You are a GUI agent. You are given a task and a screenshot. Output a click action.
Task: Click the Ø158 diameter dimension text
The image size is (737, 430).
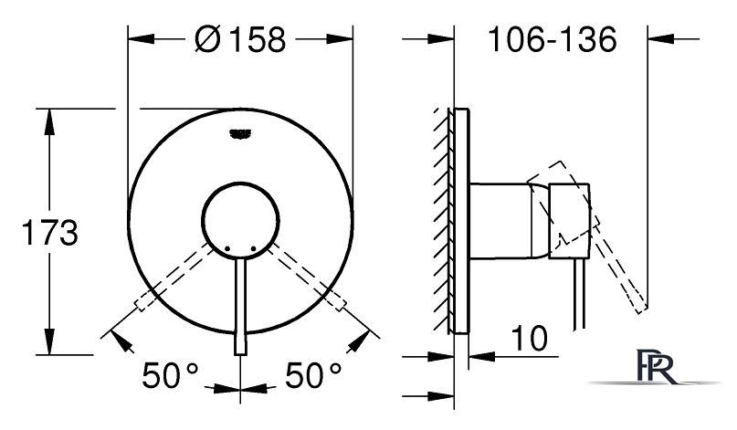click(x=240, y=39)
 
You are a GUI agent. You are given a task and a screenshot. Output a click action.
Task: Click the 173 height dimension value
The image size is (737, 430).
click(x=50, y=232)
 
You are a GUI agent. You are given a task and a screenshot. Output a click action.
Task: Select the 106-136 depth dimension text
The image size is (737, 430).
click(x=553, y=39)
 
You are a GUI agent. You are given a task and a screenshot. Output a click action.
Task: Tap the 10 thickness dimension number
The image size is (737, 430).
click(x=530, y=339)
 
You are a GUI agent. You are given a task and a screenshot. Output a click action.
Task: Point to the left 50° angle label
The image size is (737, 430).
click(x=170, y=375)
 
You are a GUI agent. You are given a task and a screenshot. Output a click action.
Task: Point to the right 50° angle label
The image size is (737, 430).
click(x=313, y=375)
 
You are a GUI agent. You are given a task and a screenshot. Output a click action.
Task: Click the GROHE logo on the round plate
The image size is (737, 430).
click(x=241, y=134)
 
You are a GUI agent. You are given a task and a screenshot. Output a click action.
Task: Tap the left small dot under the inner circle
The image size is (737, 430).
click(x=227, y=248)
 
